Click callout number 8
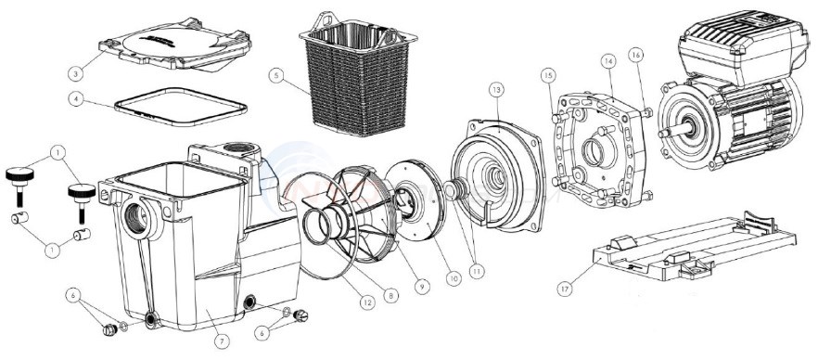(392, 295)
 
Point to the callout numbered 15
(547, 74)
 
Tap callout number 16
(636, 56)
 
